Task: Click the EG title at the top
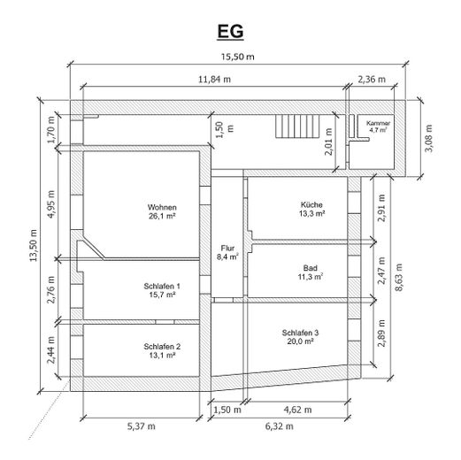point(230,31)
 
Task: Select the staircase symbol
point(297,126)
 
